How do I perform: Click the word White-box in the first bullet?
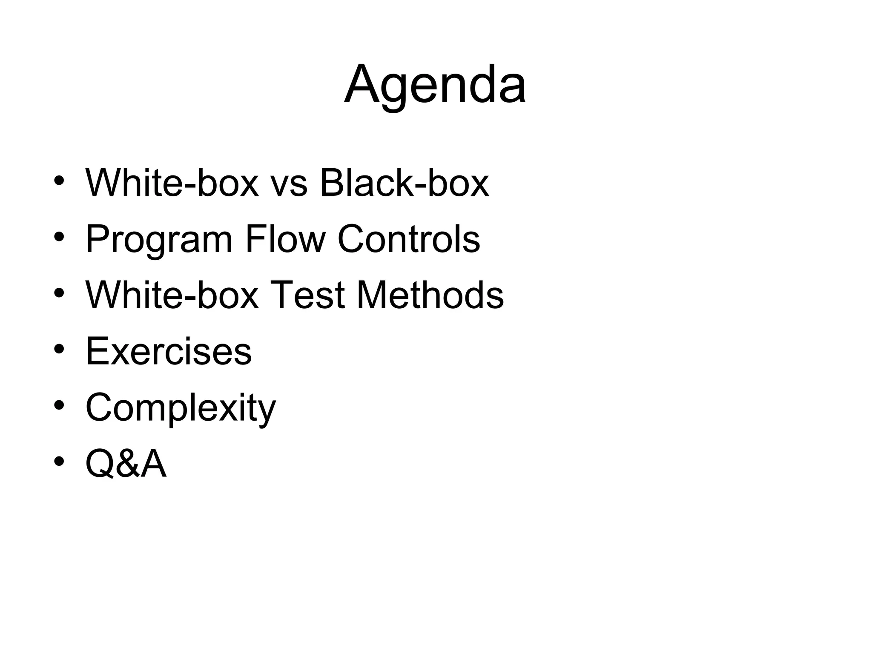(x=172, y=183)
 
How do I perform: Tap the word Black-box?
(x=404, y=183)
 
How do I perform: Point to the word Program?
(x=159, y=240)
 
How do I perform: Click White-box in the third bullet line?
(x=172, y=295)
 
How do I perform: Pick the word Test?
(x=307, y=295)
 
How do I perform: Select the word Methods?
(x=430, y=295)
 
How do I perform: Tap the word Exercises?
(x=169, y=351)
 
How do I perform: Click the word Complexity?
(x=181, y=407)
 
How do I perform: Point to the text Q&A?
(x=126, y=464)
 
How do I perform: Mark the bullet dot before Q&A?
(x=59, y=462)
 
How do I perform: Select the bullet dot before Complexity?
(x=59, y=406)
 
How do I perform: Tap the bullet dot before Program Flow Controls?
(x=59, y=237)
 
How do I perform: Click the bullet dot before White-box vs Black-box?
(x=59, y=181)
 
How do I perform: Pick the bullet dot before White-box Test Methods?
(x=59, y=293)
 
